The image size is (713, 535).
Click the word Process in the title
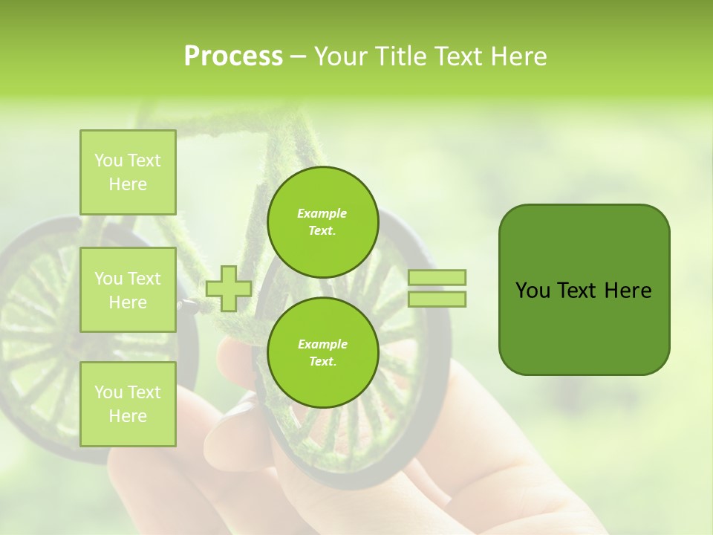coord(233,56)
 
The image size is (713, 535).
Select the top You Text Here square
coord(128,172)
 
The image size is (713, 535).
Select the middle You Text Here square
coord(128,290)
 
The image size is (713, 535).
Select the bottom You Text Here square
coord(128,404)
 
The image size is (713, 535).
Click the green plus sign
coord(229,288)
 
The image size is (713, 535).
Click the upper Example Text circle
coord(322,222)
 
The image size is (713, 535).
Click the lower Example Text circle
coord(322,353)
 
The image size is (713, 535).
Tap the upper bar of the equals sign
coord(437,277)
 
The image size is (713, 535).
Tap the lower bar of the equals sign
coord(437,299)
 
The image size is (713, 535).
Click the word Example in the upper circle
coord(322,213)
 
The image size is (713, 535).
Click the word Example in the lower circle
coord(322,344)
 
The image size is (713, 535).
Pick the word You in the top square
coord(108,160)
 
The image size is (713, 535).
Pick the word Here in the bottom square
coord(128,416)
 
